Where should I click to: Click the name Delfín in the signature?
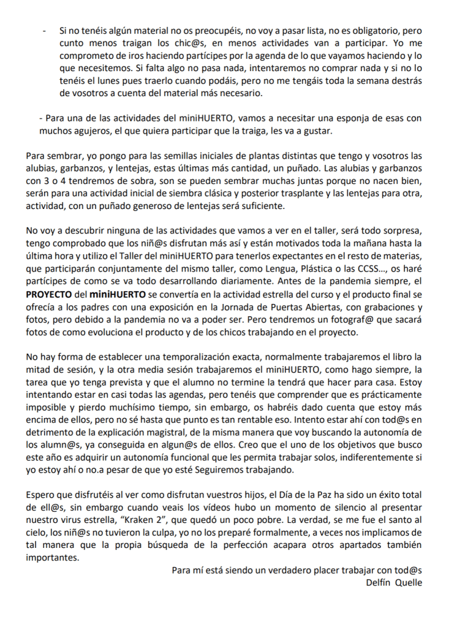(378, 582)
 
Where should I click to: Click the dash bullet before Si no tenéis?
(44, 31)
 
